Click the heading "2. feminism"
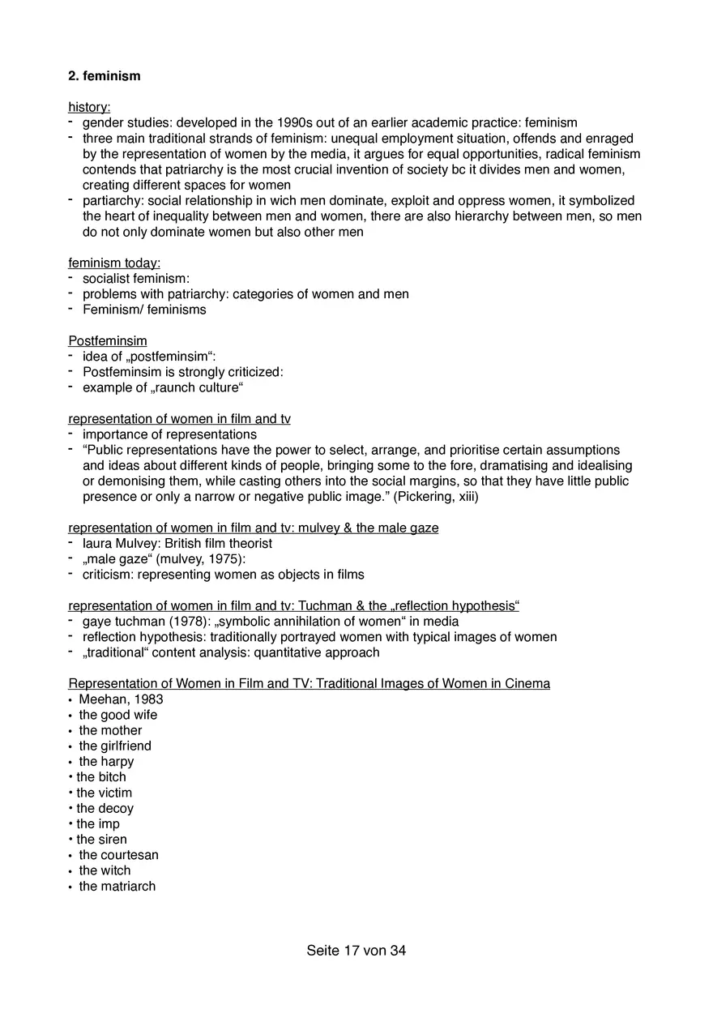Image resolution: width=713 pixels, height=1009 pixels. point(104,76)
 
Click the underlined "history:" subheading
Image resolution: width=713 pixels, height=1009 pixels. point(89,108)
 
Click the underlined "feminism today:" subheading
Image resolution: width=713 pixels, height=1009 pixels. point(114,263)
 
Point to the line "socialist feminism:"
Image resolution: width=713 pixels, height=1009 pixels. point(136,279)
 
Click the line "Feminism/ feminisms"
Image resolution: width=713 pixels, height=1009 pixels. point(144,310)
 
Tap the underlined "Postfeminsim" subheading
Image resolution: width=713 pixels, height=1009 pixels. point(108,341)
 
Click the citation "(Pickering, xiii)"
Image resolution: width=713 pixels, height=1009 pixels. point(436,497)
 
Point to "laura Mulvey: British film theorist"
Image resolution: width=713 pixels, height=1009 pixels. point(177,544)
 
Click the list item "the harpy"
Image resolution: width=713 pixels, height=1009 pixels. point(106,762)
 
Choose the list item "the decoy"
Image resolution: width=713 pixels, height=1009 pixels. point(105,809)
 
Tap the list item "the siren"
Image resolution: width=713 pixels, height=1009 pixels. point(102,840)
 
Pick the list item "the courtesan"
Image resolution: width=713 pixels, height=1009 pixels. point(118,855)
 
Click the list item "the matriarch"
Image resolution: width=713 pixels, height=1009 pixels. point(117,887)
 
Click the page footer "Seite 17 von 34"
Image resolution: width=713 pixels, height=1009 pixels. point(356,951)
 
